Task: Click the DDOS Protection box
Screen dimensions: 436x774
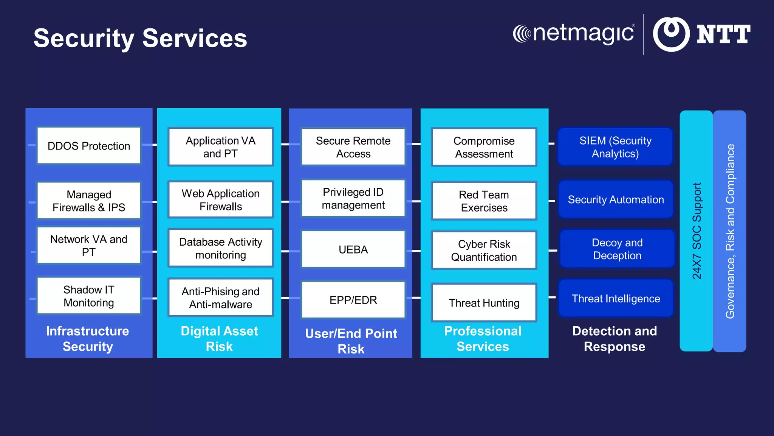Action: [89, 146]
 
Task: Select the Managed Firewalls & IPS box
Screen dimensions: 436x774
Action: [89, 201]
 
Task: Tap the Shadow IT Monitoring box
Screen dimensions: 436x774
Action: [89, 296]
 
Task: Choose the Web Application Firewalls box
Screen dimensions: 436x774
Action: [221, 200]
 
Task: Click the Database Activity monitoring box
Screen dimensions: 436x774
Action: [221, 248]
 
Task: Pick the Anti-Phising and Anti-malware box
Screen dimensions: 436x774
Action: [221, 298]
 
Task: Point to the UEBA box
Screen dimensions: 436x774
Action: [353, 249]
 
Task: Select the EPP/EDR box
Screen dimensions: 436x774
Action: [353, 300]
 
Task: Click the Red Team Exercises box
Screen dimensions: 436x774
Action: [484, 201]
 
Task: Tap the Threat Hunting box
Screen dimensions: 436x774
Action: [484, 303]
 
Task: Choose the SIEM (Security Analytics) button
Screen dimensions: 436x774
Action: [615, 147]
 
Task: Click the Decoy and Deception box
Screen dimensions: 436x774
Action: [617, 249]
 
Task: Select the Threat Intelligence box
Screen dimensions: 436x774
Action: [616, 299]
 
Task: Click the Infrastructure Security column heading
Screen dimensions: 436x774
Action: [88, 339]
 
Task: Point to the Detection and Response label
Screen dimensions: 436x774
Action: [615, 339]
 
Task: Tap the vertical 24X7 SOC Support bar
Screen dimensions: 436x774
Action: [696, 231]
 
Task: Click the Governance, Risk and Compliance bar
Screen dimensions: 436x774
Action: [730, 231]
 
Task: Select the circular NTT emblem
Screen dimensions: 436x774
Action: [671, 34]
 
